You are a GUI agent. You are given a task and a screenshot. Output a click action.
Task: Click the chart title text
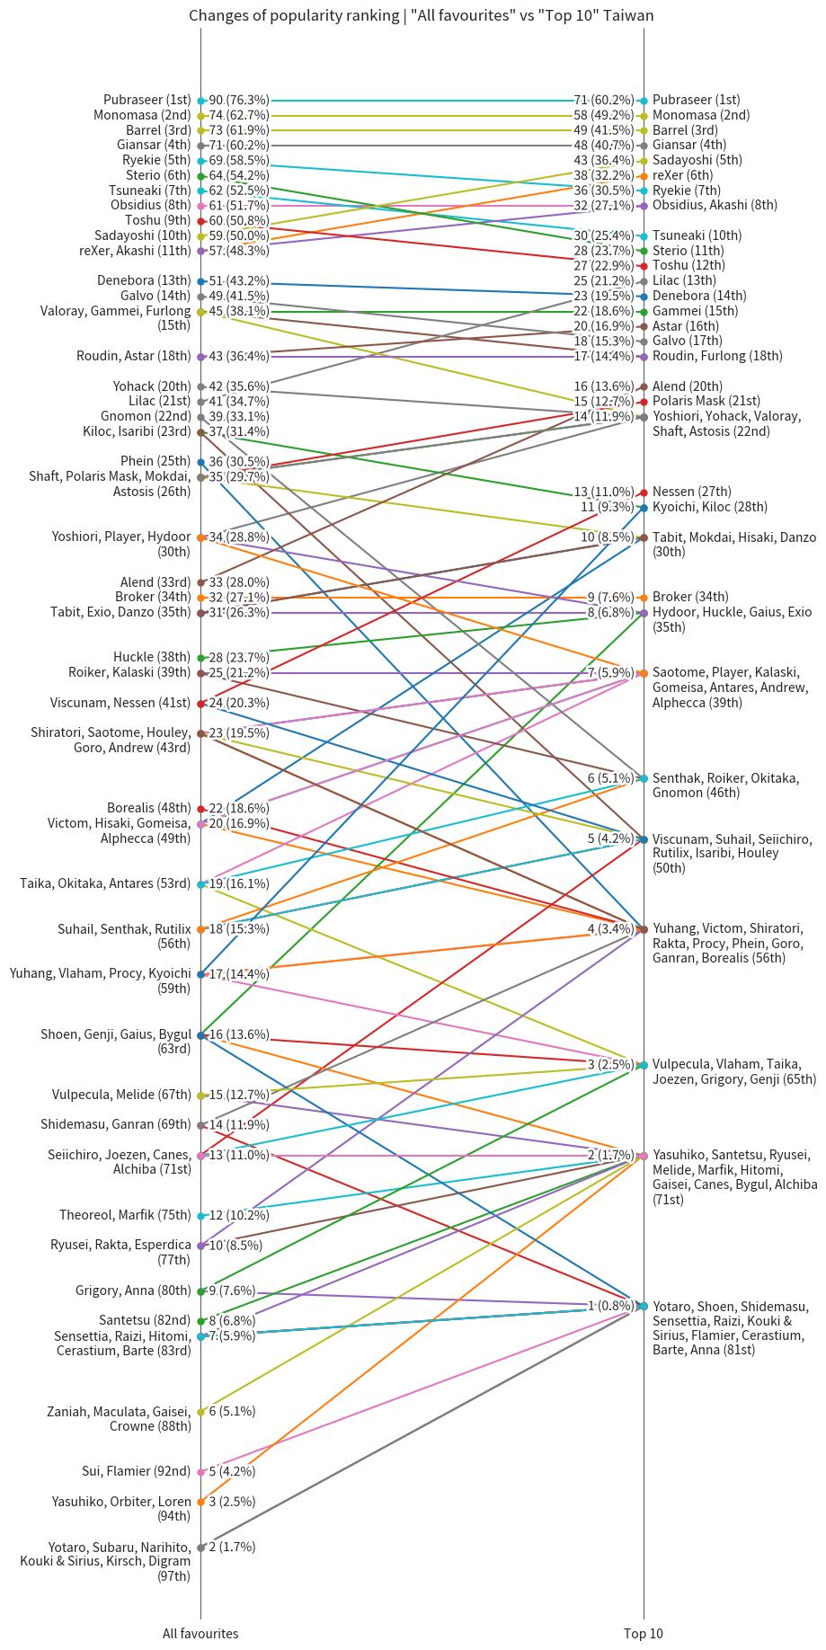pos(421,15)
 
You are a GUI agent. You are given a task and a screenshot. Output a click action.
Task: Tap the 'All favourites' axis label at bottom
pos(200,1633)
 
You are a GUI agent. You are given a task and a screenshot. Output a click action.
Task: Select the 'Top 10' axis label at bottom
pos(643,1633)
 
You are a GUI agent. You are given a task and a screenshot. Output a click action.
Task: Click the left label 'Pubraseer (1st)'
pos(147,101)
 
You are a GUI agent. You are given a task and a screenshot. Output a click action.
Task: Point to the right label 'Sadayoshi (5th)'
pos(697,161)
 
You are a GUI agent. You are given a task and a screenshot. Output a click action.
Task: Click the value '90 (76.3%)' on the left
pos(239,101)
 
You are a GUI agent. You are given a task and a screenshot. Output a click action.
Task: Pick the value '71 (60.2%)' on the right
pos(604,101)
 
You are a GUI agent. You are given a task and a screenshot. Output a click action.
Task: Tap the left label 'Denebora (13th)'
pos(144,281)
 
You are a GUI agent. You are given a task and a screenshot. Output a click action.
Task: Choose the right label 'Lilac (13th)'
pos(685,281)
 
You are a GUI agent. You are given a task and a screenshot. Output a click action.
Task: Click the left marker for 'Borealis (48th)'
pos(200,809)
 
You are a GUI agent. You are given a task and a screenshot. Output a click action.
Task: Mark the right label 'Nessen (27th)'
pos(692,492)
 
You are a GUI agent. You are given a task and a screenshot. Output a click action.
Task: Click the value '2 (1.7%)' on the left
pos(232,1547)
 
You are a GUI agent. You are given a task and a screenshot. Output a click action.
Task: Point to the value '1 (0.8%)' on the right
pos(611,1306)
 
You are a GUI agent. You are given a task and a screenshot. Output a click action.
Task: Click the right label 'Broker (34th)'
pos(690,598)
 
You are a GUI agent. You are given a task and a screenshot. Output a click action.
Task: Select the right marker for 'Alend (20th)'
pos(643,386)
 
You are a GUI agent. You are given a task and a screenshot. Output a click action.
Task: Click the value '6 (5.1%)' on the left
pos(232,1412)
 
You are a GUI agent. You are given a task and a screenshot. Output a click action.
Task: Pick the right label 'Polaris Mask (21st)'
pos(706,402)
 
